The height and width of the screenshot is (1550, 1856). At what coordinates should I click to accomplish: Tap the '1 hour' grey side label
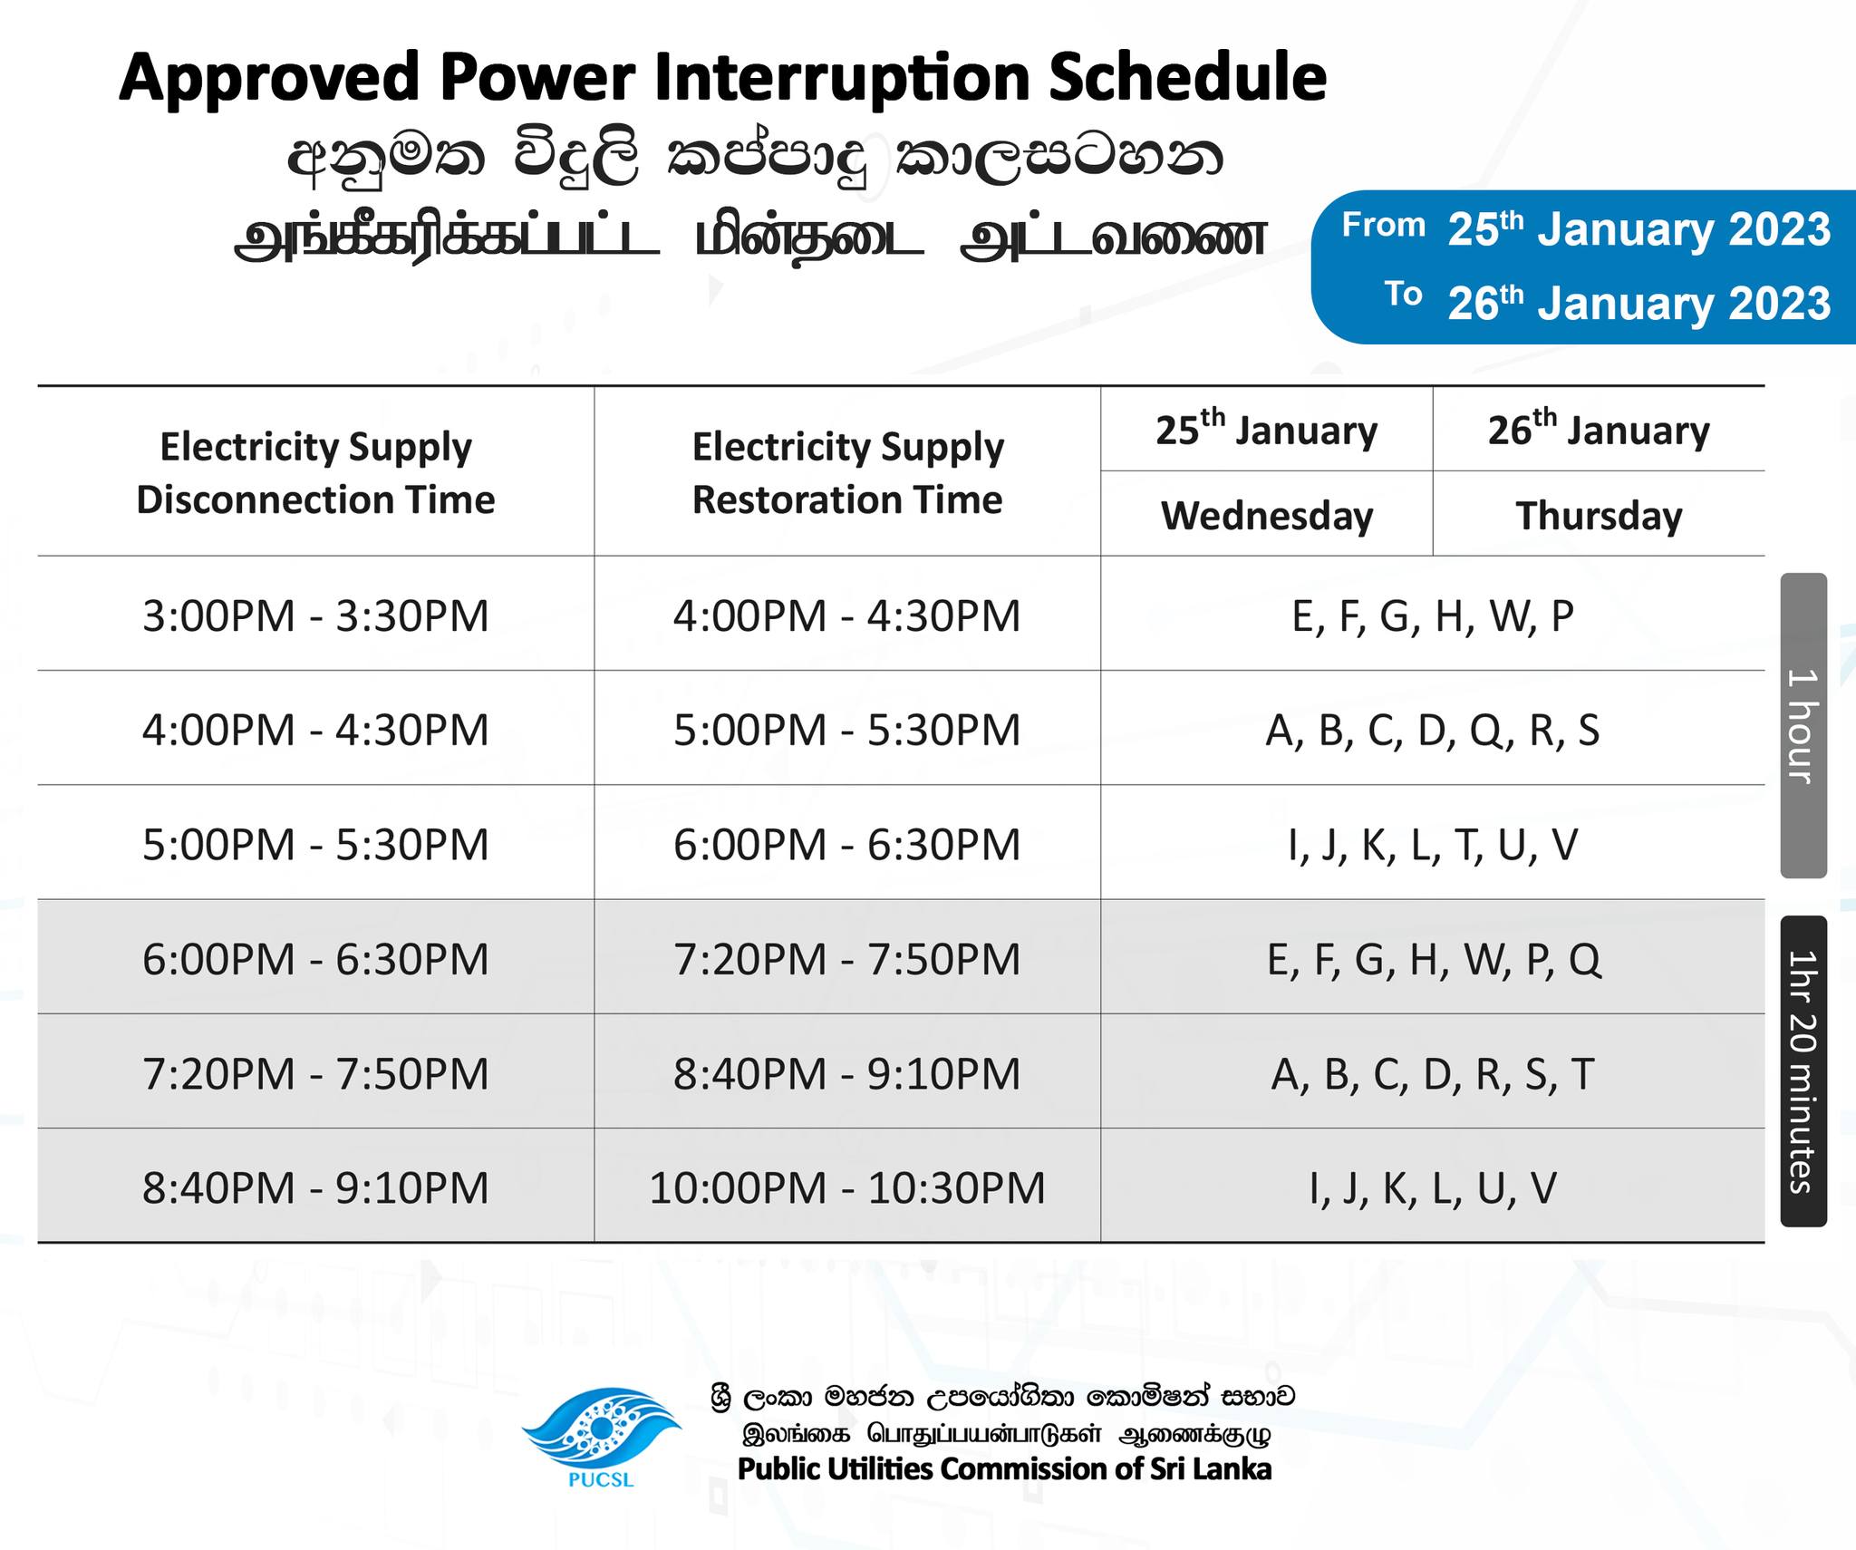(x=1803, y=725)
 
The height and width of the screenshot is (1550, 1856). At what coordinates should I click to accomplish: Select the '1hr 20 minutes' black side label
(x=1803, y=1071)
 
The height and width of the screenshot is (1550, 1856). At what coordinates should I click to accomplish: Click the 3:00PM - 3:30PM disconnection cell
(x=315, y=615)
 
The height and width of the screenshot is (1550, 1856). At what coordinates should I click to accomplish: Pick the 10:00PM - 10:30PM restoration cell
(x=847, y=1187)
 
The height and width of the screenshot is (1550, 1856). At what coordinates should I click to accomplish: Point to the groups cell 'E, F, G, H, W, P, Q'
(x=1434, y=959)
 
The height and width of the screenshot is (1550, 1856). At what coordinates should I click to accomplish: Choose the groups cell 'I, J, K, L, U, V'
(x=1433, y=1188)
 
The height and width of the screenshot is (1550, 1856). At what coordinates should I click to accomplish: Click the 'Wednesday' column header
(x=1267, y=515)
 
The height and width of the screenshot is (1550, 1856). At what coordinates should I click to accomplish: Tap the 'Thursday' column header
(x=1599, y=515)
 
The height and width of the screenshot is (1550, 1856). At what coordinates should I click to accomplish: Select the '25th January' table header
(x=1266, y=428)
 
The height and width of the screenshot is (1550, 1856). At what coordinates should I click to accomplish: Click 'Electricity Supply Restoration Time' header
(x=848, y=472)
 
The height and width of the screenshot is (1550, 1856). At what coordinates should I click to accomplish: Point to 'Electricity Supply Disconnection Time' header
(x=315, y=472)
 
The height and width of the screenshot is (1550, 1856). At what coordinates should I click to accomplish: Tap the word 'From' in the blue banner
(x=1384, y=224)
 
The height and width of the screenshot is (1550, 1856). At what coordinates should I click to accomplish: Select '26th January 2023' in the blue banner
(x=1639, y=302)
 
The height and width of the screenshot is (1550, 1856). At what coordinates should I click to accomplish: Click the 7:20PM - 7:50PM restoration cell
(x=847, y=959)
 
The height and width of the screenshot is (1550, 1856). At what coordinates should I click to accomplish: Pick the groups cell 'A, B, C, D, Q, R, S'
(x=1433, y=730)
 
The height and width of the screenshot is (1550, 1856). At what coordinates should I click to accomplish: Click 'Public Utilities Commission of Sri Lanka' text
(x=1004, y=1468)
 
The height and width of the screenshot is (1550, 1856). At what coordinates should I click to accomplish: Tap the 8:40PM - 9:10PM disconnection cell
(x=315, y=1187)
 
